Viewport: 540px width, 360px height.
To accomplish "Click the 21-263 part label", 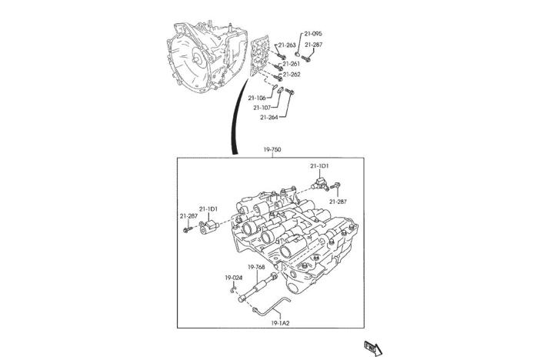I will click(288, 45).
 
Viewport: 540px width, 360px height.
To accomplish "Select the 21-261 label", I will click(290, 64).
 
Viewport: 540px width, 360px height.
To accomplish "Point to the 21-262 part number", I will click(290, 75).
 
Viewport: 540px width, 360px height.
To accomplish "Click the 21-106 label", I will click(257, 98).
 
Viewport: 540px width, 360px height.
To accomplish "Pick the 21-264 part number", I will click(268, 118).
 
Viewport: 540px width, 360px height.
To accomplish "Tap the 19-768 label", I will click(256, 267).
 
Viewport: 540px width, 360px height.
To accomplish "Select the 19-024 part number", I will click(234, 277).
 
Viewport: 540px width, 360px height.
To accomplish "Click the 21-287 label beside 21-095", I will click(312, 45).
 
